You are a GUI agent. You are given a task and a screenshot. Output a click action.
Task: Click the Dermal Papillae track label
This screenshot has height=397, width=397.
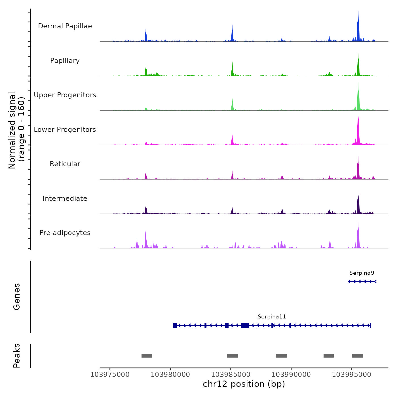tap(65, 26)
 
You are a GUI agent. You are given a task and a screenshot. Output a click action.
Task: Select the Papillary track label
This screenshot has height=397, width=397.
tap(65, 61)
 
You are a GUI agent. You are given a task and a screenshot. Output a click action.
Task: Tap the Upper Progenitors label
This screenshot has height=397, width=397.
tap(65, 95)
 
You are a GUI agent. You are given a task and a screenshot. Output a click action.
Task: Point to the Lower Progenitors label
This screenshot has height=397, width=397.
tap(65, 130)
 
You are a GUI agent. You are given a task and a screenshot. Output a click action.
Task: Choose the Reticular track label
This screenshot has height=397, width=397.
tap(65, 164)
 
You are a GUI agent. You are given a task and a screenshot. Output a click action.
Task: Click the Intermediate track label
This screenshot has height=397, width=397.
tap(65, 198)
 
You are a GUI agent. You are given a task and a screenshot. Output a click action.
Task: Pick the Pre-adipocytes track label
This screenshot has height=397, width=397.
tap(65, 233)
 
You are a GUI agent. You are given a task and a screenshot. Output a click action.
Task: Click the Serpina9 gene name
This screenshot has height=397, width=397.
tap(362, 273)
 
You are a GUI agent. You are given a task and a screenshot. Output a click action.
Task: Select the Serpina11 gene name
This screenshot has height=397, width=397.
tap(272, 317)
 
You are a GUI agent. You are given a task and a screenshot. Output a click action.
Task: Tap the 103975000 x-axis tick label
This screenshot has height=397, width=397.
tap(110, 375)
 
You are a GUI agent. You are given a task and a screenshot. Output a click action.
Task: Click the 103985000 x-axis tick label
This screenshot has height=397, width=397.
tap(231, 375)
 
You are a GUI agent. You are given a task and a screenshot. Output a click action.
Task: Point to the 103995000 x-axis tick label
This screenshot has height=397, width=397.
tap(351, 375)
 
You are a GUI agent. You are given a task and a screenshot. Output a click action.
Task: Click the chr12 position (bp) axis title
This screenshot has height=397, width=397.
tap(244, 384)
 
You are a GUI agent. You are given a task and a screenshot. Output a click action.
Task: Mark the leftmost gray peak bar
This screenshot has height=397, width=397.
tap(147, 356)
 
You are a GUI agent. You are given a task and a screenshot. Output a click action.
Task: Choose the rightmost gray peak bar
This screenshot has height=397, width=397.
tap(357, 356)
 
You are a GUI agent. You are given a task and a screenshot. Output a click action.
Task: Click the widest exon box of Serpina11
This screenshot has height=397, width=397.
tap(245, 325)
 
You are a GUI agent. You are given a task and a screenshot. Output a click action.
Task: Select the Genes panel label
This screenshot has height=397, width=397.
tap(17, 297)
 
